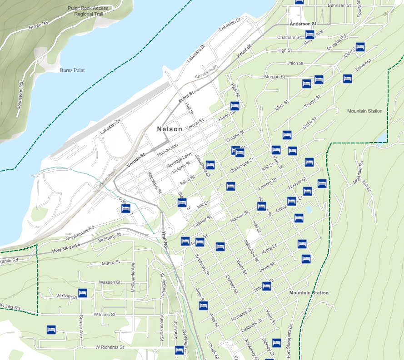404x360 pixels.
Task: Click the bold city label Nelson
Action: (x=170, y=129)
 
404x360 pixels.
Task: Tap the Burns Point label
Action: (x=72, y=70)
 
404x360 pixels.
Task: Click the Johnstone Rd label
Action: (x=20, y=95)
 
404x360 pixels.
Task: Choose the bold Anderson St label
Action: (x=303, y=24)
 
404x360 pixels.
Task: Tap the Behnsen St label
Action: (x=339, y=6)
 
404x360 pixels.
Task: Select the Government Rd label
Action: (x=80, y=232)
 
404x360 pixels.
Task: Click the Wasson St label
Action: (x=110, y=282)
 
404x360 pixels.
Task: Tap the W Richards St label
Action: (x=110, y=347)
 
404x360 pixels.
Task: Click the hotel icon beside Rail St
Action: (x=126, y=209)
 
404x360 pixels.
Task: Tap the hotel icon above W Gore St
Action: (x=83, y=293)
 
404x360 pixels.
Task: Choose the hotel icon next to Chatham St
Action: (x=310, y=35)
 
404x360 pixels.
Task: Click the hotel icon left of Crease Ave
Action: (x=51, y=330)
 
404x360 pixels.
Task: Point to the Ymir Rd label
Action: (x=165, y=239)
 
